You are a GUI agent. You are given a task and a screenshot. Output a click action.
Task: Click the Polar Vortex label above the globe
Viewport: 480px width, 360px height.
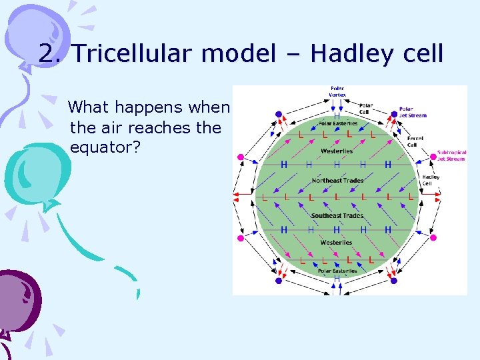(337, 91)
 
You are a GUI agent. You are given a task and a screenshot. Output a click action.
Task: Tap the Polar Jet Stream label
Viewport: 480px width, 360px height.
(413, 112)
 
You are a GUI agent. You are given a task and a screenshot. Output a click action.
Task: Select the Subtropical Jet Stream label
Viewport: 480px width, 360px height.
(451, 155)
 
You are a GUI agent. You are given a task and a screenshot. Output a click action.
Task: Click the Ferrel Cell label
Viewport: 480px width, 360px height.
(415, 141)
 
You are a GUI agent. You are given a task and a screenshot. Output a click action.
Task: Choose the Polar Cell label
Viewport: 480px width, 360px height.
(366, 108)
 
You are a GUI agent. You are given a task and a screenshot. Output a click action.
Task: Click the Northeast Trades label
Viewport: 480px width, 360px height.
(337, 181)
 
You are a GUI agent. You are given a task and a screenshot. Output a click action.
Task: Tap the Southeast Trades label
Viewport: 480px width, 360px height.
(337, 215)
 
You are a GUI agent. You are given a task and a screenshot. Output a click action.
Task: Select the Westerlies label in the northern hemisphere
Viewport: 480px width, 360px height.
(337, 151)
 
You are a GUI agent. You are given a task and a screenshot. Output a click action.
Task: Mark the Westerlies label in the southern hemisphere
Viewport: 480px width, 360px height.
(337, 243)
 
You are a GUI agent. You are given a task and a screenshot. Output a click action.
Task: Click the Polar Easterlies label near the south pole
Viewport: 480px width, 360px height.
(337, 271)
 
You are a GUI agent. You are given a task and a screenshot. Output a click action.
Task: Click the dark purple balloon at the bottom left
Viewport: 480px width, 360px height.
(17, 297)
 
